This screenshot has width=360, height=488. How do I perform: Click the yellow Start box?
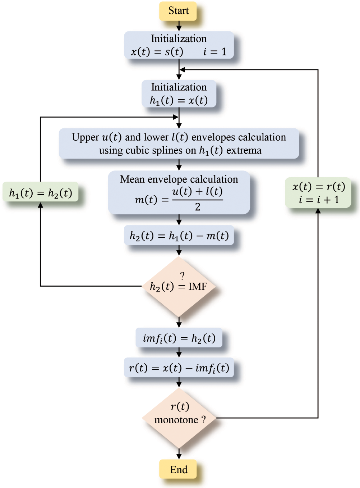tap(178, 11)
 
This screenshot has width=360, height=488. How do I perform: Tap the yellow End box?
tap(178, 469)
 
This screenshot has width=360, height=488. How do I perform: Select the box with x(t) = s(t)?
tap(179, 45)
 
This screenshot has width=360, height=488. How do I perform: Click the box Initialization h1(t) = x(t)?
tap(179, 94)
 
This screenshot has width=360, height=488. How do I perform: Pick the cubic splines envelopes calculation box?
tap(179, 143)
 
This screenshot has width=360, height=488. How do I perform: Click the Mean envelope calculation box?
tap(179, 192)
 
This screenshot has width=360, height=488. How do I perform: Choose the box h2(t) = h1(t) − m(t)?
tap(179, 236)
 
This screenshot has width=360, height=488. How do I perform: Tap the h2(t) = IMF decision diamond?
tap(179, 286)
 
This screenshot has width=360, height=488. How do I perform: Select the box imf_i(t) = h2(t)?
tap(179, 338)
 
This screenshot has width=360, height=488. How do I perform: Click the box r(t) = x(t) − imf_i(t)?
tap(179, 368)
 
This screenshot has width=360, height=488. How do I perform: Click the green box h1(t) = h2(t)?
tap(41, 193)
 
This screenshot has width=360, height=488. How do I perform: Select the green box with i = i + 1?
tap(318, 193)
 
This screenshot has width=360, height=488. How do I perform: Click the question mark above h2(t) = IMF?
tap(182, 276)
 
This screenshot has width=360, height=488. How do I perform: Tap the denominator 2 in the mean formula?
tap(198, 207)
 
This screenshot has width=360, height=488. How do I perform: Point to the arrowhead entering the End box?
tap(179, 456)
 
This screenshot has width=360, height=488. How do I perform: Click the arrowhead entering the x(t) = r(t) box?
tap(318, 211)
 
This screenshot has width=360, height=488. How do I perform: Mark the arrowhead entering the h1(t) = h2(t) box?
tap(41, 205)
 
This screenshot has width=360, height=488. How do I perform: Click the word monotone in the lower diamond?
tap(176, 420)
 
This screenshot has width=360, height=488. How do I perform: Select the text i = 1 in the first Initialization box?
tap(215, 52)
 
